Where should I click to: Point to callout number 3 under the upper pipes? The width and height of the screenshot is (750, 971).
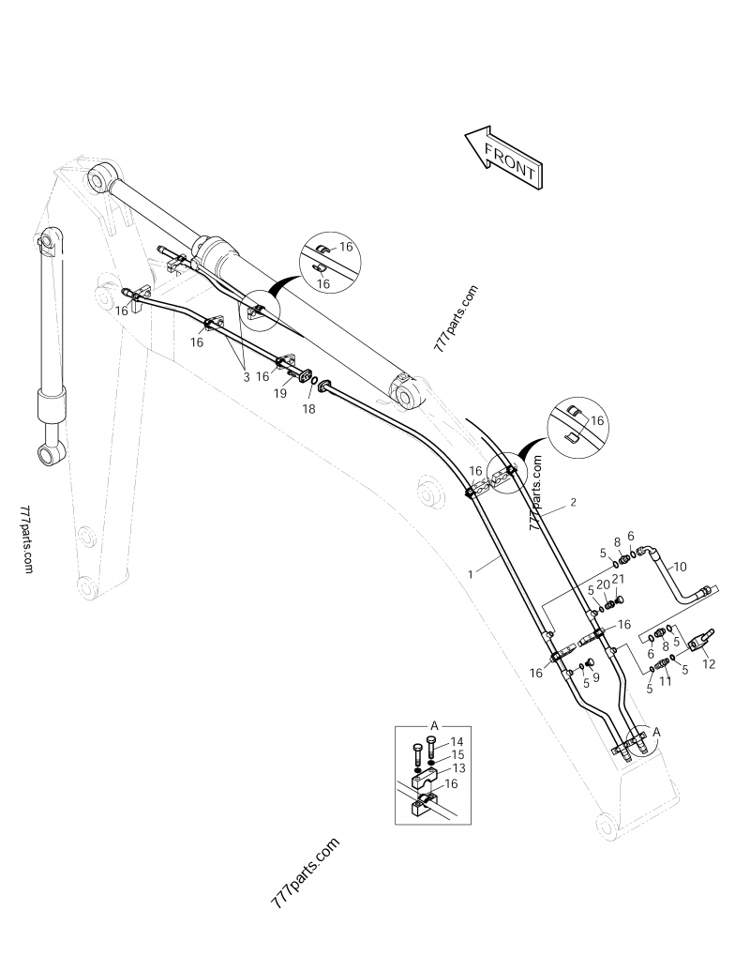[x=247, y=376]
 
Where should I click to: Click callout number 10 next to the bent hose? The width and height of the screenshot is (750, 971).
[x=681, y=566]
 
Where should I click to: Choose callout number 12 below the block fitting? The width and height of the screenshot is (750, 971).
[x=709, y=663]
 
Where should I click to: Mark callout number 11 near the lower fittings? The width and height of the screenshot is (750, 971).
[x=666, y=682]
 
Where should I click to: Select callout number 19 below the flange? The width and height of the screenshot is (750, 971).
[x=279, y=394]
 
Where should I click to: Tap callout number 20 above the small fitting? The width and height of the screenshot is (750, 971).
[x=603, y=584]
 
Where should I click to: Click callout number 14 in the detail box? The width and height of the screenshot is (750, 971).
[x=457, y=742]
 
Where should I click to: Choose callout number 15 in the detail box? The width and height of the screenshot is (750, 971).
[x=457, y=754]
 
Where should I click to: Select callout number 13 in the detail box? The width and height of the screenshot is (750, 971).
[x=458, y=767]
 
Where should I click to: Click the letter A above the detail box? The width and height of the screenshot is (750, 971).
[x=434, y=725]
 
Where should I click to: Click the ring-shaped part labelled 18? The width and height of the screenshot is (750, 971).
[x=325, y=385]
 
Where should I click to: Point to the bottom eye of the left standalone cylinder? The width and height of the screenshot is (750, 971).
[x=49, y=456]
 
